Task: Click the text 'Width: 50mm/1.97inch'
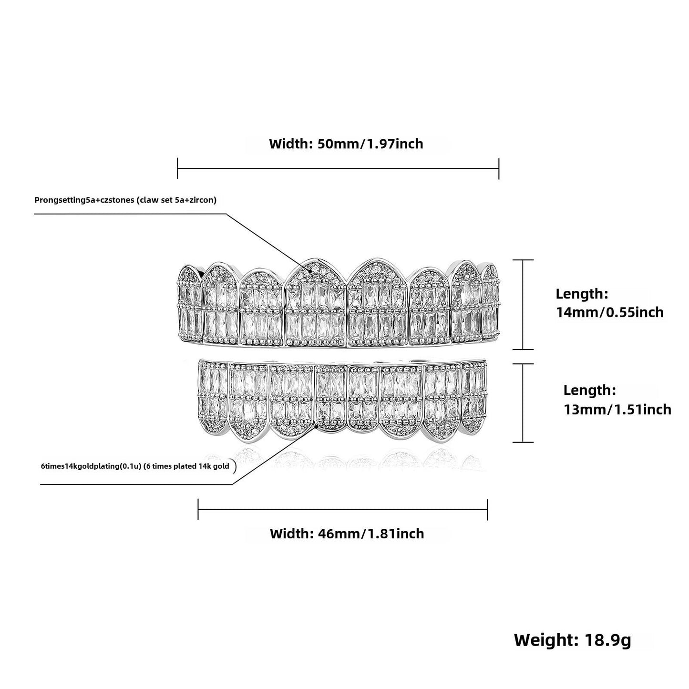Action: pyautogui.click(x=346, y=144)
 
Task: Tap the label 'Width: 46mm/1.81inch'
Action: pyautogui.click(x=347, y=534)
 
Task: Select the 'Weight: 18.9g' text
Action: pyautogui.click(x=573, y=640)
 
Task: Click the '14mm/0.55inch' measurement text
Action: pyautogui.click(x=610, y=312)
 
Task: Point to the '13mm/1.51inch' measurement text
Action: pyautogui.click(x=617, y=410)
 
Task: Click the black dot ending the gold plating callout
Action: pyautogui.click(x=316, y=426)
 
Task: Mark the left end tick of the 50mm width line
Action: pyautogui.click(x=177, y=168)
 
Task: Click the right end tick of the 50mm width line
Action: pyautogui.click(x=499, y=168)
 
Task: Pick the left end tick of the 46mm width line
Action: pyautogui.click(x=198, y=509)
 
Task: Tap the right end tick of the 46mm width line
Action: pyautogui.click(x=487, y=509)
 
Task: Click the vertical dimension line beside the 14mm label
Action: pyautogui.click(x=523, y=305)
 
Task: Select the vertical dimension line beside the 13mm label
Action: pyautogui.click(x=523, y=403)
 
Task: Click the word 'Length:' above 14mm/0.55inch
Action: pyautogui.click(x=582, y=294)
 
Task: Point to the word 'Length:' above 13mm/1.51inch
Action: pyautogui.click(x=590, y=391)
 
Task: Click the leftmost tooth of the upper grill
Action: pyautogui.click(x=190, y=302)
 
